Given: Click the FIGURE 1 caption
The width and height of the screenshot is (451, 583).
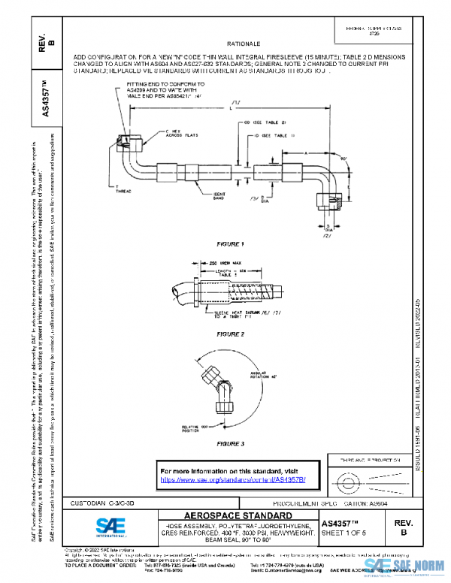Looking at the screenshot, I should tap(230, 244).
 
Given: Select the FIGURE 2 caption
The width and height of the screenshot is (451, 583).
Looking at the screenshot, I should tap(230, 333).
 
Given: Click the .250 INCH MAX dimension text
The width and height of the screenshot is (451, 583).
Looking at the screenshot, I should tap(204, 263).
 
